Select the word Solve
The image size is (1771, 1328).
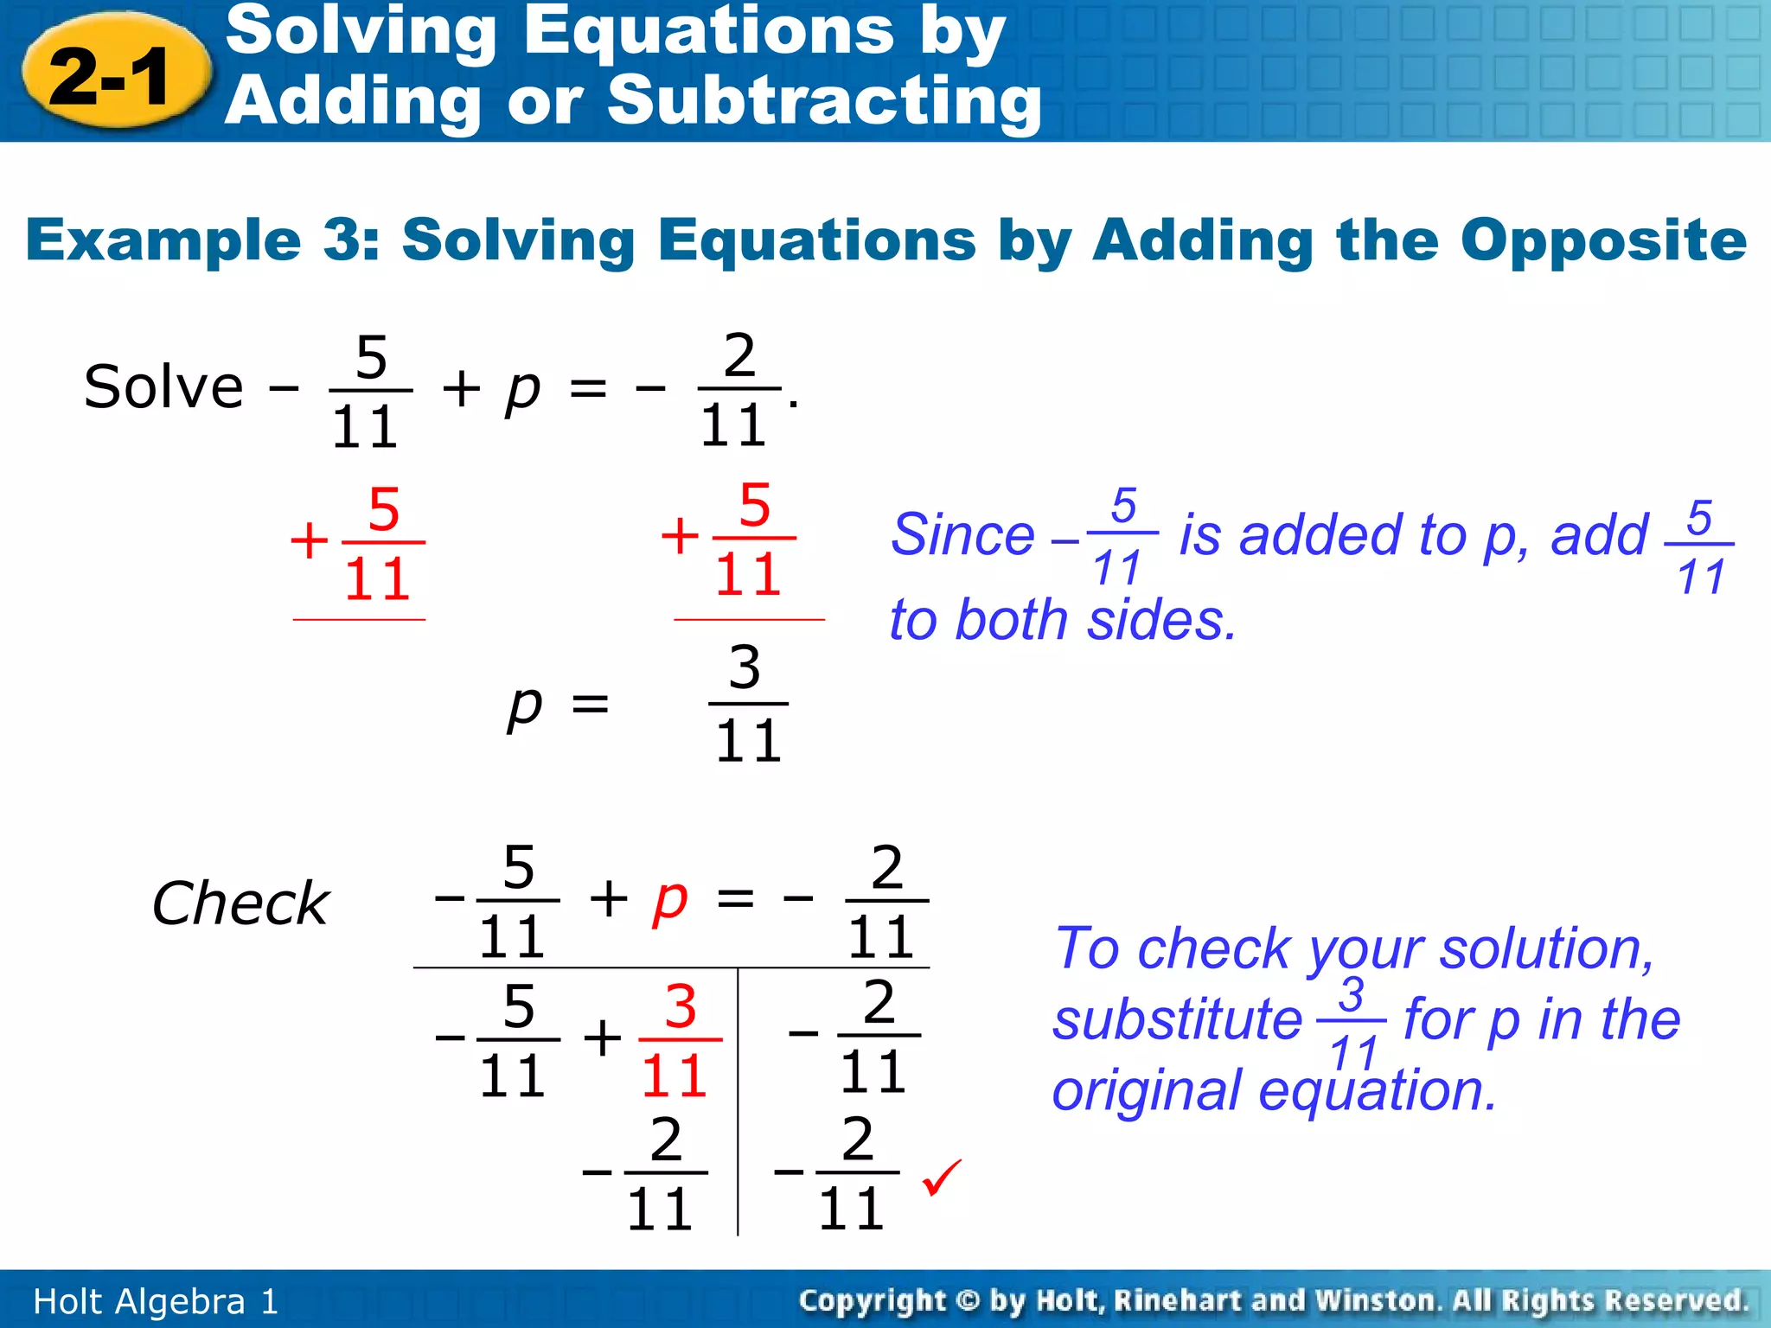click(x=163, y=387)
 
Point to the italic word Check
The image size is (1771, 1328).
click(x=240, y=903)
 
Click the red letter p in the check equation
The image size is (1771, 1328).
click(x=670, y=901)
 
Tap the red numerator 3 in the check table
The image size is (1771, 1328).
click(x=681, y=1007)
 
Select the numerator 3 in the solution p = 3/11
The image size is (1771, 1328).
click(x=745, y=668)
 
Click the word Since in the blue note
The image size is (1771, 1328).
click(x=962, y=535)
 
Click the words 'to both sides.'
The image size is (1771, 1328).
click(x=1063, y=621)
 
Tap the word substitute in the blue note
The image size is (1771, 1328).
click(x=1177, y=1020)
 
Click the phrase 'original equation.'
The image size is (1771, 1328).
click(x=1274, y=1091)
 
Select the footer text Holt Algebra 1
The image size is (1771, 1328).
click(x=156, y=1301)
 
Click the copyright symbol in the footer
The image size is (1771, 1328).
click(x=968, y=1301)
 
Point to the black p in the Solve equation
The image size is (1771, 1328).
click(x=523, y=391)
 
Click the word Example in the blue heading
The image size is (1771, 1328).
click(x=163, y=239)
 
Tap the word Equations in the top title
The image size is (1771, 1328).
click(x=708, y=31)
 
